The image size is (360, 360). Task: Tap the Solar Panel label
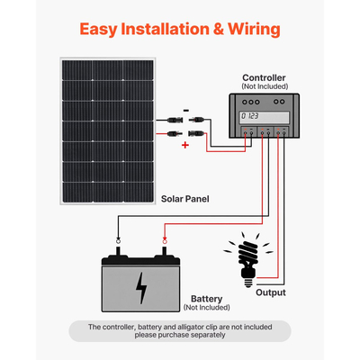coord(188,197)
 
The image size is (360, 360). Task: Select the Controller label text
coord(267,77)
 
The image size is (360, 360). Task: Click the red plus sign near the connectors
coord(185,143)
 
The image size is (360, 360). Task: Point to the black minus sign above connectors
coord(185,110)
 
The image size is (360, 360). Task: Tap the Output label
coord(270,292)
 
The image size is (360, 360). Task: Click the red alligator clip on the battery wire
coord(163,242)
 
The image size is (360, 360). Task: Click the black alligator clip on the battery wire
coord(119,242)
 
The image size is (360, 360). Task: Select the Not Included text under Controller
coord(267,87)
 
